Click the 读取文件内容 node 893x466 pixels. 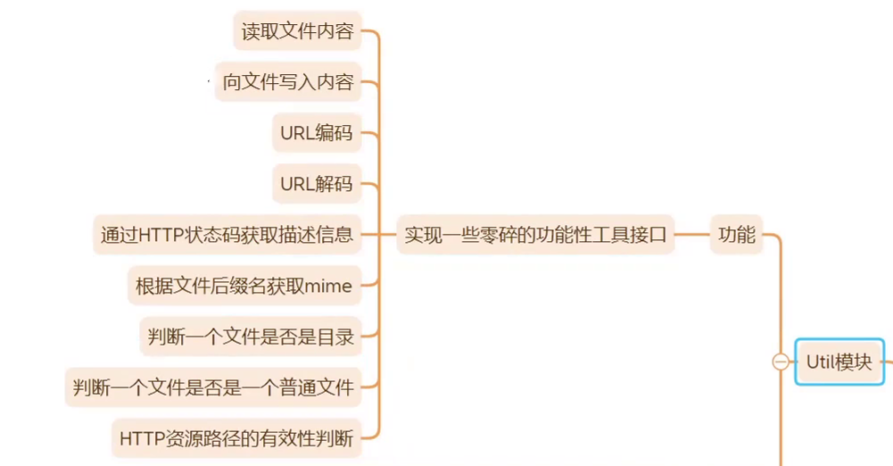click(x=297, y=32)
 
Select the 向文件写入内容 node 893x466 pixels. click(x=288, y=83)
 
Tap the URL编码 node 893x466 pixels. click(x=316, y=134)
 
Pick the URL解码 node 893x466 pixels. click(x=316, y=185)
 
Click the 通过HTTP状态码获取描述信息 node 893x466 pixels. click(x=227, y=236)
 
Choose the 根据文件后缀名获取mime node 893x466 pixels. click(x=244, y=287)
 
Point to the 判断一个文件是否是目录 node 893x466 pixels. click(x=251, y=337)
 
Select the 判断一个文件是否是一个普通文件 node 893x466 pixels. click(x=213, y=388)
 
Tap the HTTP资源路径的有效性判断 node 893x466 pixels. click(x=236, y=438)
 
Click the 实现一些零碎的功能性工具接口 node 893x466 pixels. click(x=535, y=236)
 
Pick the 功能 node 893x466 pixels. click(x=737, y=236)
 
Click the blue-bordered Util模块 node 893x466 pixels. click(x=839, y=362)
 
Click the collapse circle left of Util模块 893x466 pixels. click(x=781, y=362)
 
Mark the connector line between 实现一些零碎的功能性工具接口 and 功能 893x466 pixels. click(x=692, y=236)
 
